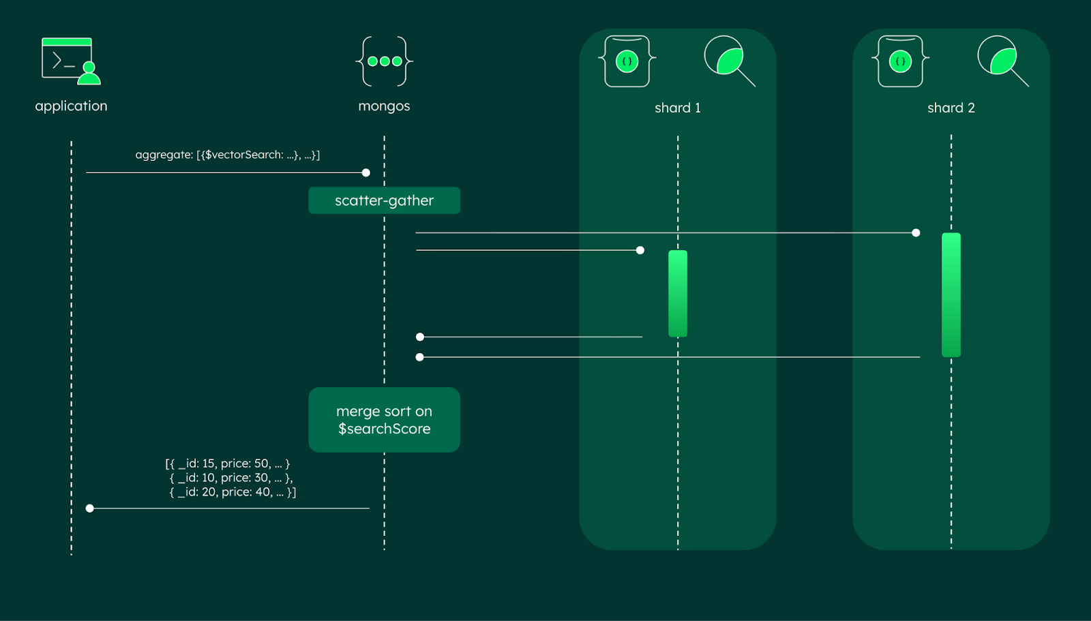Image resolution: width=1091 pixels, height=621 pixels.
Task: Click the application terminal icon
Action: tap(71, 61)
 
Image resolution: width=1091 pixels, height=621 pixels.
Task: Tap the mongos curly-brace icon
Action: tap(384, 61)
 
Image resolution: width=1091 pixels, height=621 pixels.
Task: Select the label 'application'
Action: tap(71, 106)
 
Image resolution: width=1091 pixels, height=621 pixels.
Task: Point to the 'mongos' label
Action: tap(384, 106)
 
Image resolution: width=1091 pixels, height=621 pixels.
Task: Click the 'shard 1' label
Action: tap(677, 108)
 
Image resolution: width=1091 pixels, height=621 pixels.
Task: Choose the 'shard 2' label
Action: tap(951, 108)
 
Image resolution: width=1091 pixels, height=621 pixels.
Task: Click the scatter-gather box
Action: tap(384, 200)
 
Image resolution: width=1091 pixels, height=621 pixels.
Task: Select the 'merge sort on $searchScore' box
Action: tap(384, 420)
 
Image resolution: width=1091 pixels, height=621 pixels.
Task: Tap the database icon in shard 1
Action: tap(627, 61)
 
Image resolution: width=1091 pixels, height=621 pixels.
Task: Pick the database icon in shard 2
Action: tap(900, 61)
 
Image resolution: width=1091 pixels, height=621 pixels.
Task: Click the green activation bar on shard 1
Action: tap(678, 293)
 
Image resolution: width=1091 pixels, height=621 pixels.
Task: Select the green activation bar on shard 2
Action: tap(951, 294)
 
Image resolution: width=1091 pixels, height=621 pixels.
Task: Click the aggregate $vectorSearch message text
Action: tap(228, 155)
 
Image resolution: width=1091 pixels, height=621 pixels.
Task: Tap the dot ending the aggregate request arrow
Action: tap(366, 172)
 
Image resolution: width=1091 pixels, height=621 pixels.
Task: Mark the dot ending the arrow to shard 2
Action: tap(916, 233)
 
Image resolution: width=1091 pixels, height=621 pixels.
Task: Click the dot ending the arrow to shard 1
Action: tap(640, 250)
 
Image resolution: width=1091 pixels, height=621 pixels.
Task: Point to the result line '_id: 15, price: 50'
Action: tap(228, 464)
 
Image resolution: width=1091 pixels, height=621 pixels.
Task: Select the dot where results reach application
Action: tap(89, 509)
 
